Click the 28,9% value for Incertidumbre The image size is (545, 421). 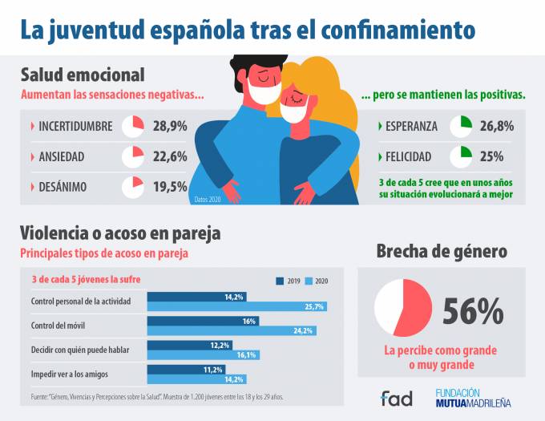(x=170, y=126)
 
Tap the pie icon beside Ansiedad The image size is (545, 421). (x=132, y=156)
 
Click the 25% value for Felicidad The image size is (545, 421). (x=491, y=156)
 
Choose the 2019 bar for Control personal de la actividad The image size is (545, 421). (x=197, y=297)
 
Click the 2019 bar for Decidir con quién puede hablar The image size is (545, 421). (x=190, y=345)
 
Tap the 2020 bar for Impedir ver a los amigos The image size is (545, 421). (x=197, y=379)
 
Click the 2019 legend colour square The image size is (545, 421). (x=280, y=281)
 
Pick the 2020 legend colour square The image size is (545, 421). (x=309, y=281)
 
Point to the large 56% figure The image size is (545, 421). (x=472, y=311)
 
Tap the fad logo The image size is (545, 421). (x=397, y=397)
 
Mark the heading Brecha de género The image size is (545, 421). (x=442, y=251)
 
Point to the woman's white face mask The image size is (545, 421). (x=294, y=110)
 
